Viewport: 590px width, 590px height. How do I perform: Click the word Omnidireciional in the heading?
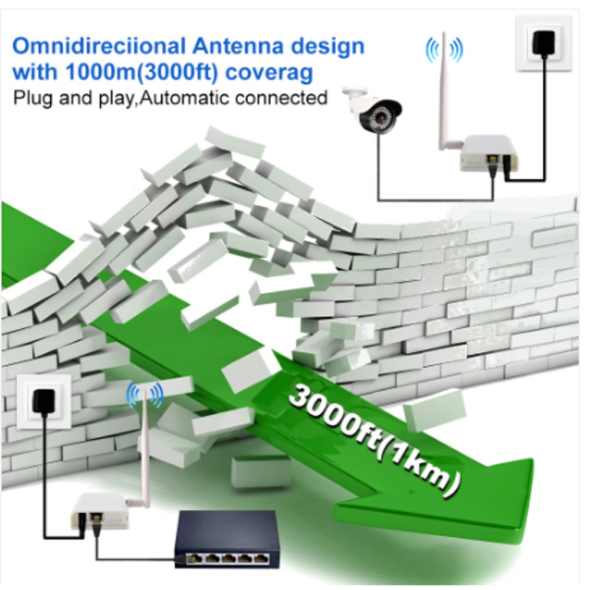coord(99,46)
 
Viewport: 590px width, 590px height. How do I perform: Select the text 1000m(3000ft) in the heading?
coord(142,71)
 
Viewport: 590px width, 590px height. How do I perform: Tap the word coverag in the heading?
coord(270,73)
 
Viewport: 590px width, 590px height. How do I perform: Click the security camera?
coord(373,110)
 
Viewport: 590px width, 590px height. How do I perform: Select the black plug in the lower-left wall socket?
coord(44,402)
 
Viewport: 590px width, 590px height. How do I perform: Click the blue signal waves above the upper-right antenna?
coord(444,50)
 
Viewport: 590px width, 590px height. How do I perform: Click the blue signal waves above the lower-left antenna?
coord(145,395)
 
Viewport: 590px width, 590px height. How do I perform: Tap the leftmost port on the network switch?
coord(196,559)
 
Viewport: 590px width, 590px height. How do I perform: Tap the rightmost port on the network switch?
coord(261,559)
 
